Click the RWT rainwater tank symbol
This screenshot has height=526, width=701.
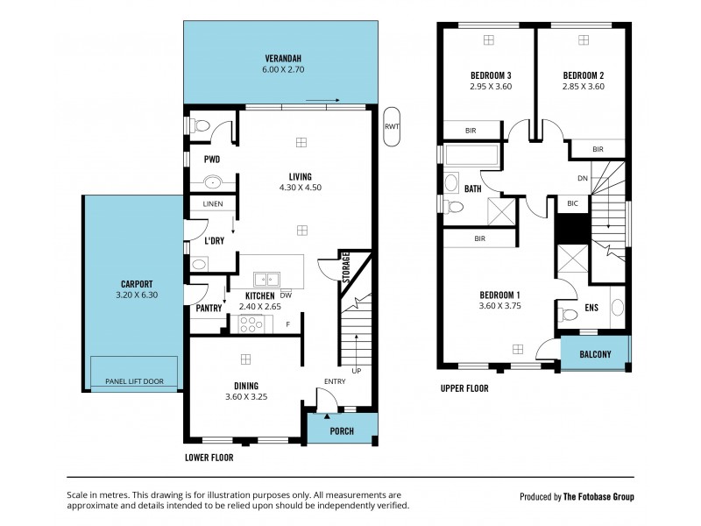pyautogui.click(x=391, y=124)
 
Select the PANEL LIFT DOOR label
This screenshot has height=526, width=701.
pyautogui.click(x=135, y=382)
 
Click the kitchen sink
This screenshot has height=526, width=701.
pyautogui.click(x=266, y=280)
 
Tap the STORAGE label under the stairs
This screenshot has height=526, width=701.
pyautogui.click(x=345, y=267)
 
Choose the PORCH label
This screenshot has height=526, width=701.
pyautogui.click(x=342, y=431)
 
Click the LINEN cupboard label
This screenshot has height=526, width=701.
pyautogui.click(x=213, y=204)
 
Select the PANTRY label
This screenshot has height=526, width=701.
pyautogui.click(x=209, y=308)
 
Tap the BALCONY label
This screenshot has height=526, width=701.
pyautogui.click(x=595, y=354)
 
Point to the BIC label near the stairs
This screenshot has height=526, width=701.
pyautogui.click(x=573, y=203)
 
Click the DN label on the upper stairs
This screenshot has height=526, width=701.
pyautogui.click(x=583, y=178)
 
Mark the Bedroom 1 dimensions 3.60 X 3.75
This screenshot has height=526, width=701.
pyautogui.click(x=500, y=306)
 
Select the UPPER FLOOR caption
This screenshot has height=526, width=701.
pyautogui.click(x=464, y=388)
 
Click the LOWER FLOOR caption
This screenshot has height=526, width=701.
pyautogui.click(x=209, y=458)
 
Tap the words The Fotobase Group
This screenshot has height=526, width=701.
pyautogui.click(x=599, y=497)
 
